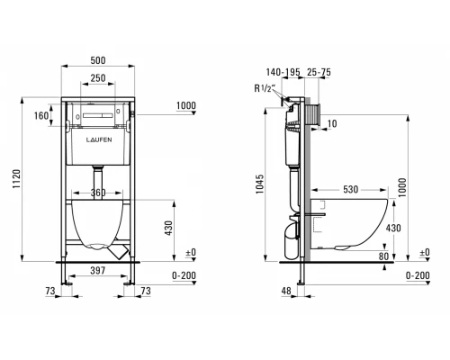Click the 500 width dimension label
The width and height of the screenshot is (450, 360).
click(x=98, y=60)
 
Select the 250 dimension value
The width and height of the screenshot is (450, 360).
click(x=98, y=78)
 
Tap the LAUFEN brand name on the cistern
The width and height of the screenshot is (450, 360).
click(x=99, y=139)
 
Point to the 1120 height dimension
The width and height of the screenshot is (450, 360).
click(x=16, y=179)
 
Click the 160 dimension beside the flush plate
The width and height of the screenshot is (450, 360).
click(x=41, y=115)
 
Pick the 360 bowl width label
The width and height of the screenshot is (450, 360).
click(x=98, y=193)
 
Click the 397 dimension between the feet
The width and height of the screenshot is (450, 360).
click(x=98, y=271)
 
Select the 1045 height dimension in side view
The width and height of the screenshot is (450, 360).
click(x=260, y=184)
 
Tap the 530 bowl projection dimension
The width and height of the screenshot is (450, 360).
click(x=351, y=189)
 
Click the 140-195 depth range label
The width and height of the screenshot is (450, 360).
click(x=283, y=72)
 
